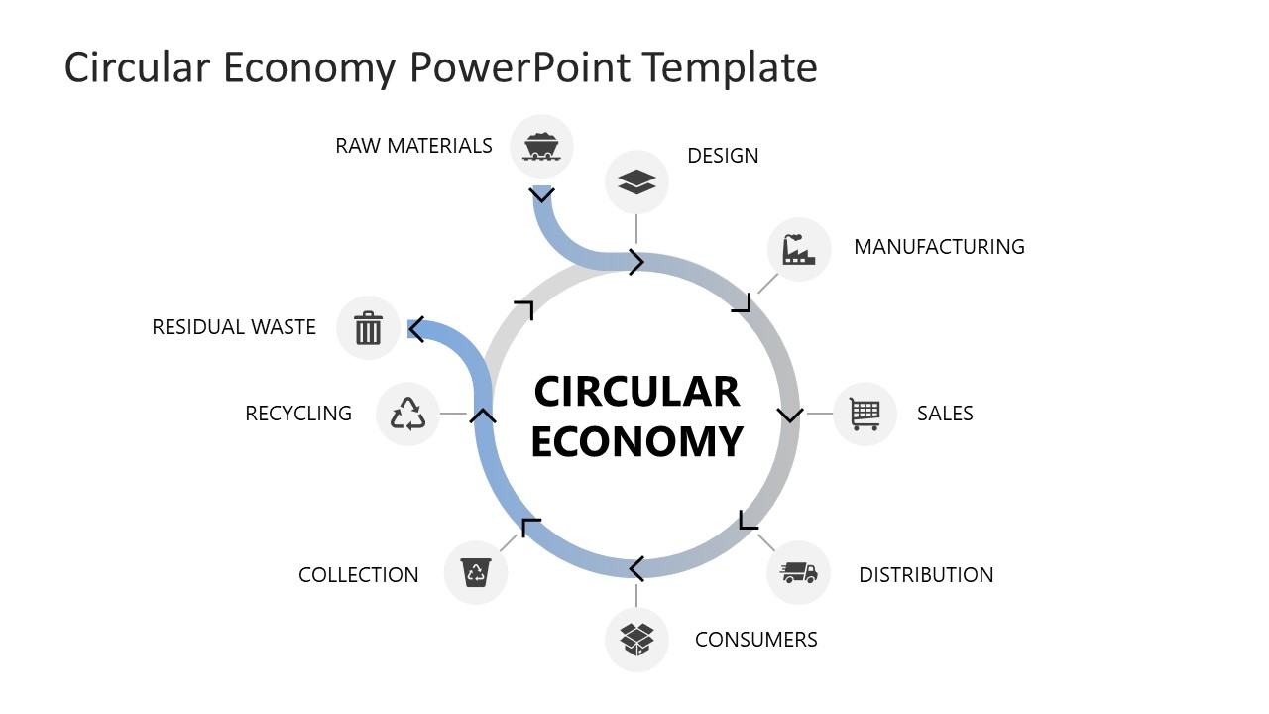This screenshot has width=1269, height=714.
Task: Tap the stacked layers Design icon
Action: [636, 181]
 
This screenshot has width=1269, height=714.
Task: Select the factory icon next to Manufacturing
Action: [798, 249]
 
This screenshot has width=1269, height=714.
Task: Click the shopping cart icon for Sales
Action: [865, 414]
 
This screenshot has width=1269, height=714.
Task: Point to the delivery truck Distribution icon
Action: [798, 573]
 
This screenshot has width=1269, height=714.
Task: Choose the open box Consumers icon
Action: [636, 639]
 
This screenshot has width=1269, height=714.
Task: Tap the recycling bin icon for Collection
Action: [476, 572]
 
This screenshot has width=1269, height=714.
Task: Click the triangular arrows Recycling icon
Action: [407, 414]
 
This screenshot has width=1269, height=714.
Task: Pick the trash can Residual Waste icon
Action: [368, 327]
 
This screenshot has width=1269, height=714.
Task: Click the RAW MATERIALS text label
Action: [413, 146]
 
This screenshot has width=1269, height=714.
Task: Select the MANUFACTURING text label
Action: [939, 247]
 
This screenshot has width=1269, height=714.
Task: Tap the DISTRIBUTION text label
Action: [926, 575]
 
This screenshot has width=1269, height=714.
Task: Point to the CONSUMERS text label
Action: [756, 640]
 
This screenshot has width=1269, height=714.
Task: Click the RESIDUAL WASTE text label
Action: [234, 327]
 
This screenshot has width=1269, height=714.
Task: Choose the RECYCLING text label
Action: [298, 414]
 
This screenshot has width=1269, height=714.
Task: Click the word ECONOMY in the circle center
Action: [636, 441]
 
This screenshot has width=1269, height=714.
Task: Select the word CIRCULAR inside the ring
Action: [636, 392]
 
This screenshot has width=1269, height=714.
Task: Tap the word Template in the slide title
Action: [729, 67]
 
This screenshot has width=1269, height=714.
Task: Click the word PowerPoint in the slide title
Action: [519, 67]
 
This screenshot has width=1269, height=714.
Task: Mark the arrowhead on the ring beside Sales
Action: [789, 414]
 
